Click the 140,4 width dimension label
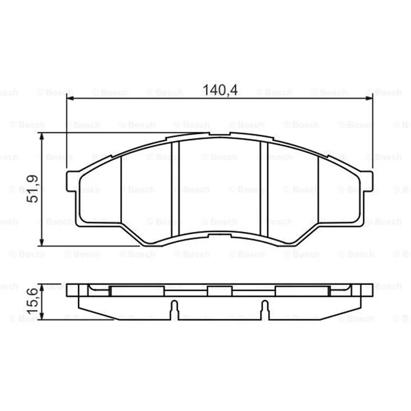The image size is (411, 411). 220,90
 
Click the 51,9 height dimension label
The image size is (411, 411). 33,189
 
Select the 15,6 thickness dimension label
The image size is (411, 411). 33,301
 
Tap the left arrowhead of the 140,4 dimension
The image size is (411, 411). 70,98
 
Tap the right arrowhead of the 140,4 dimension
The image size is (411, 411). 369,98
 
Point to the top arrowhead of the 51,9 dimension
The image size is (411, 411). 42,136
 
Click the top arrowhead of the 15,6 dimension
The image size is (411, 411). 42,287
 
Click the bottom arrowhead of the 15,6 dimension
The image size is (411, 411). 42,316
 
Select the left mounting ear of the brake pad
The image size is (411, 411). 71,181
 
